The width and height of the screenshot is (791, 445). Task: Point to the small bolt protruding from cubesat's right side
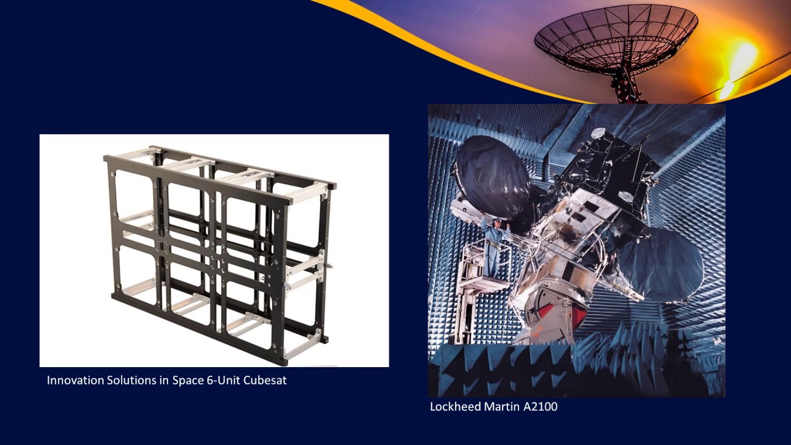328,267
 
